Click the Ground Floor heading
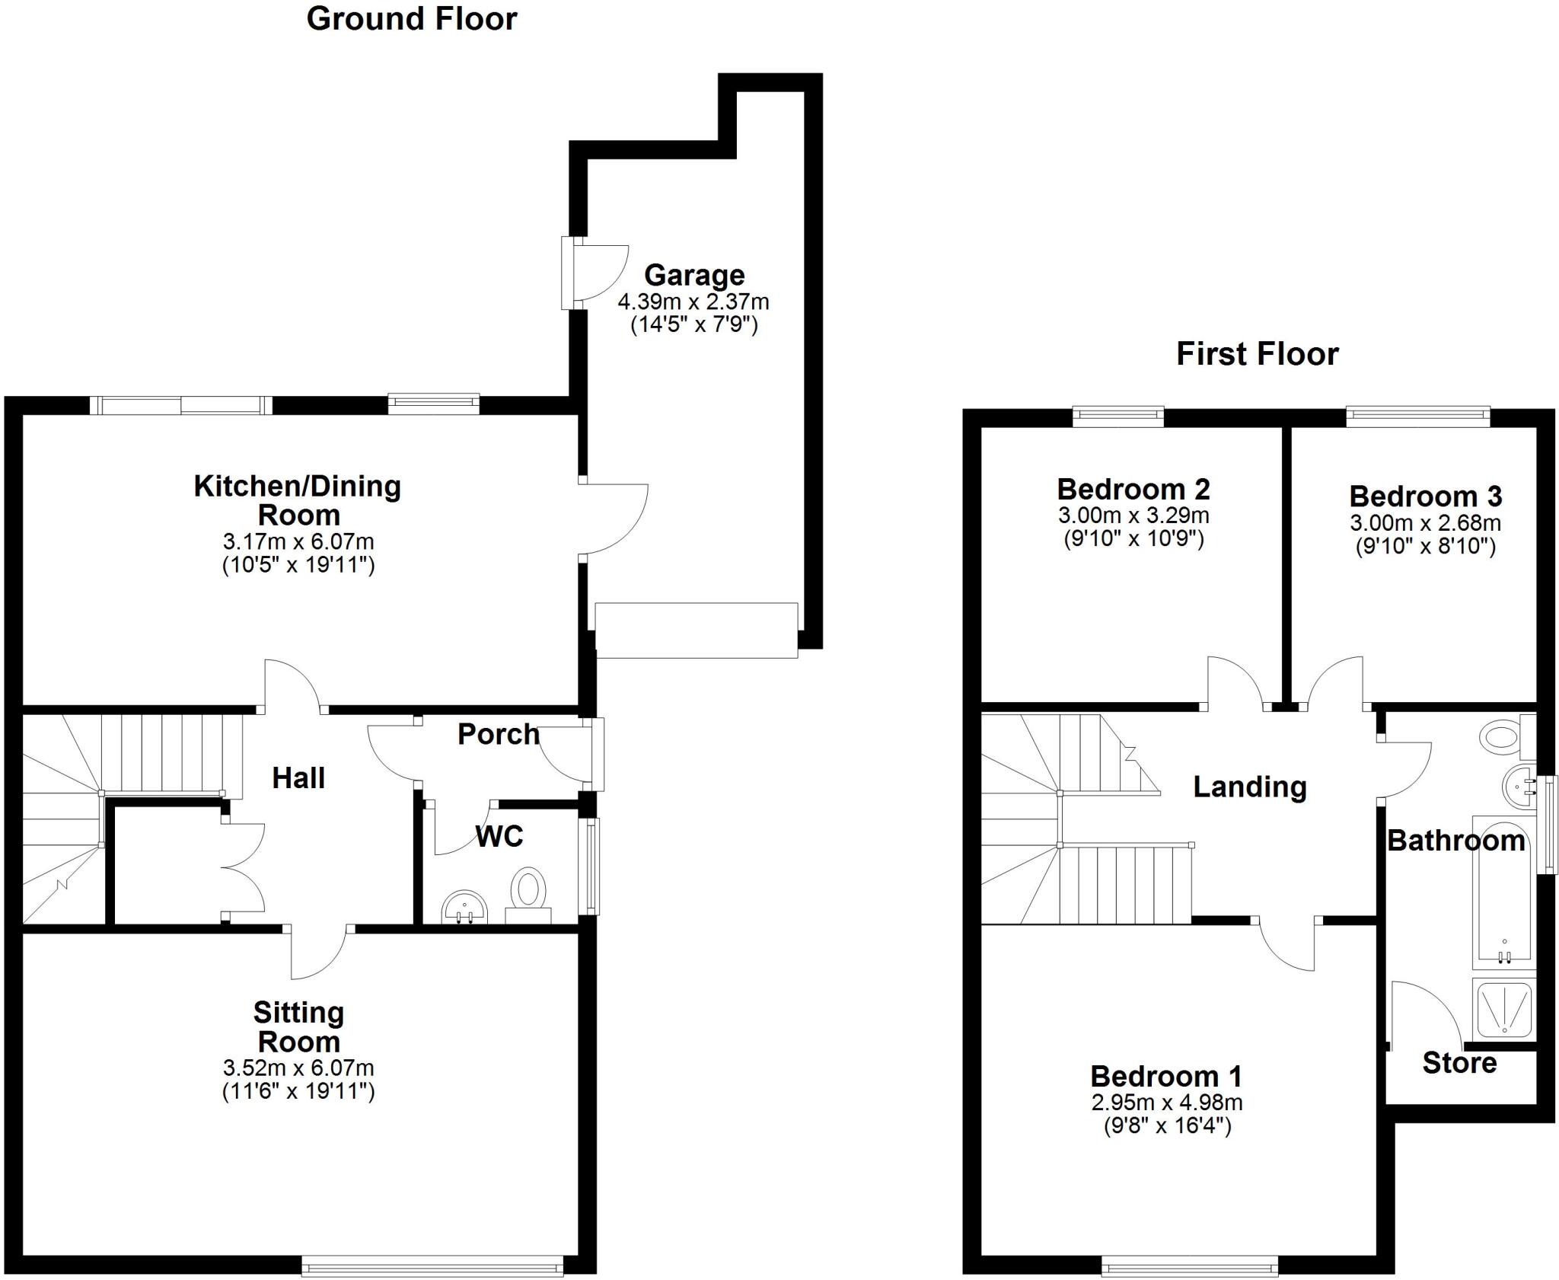(412, 19)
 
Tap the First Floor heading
(1258, 354)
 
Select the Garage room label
(694, 275)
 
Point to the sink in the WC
(464, 906)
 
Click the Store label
(1459, 1063)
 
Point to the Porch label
(499, 734)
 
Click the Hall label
(298, 778)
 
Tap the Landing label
(1249, 787)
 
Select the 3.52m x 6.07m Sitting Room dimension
(298, 1068)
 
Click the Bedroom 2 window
(1118, 416)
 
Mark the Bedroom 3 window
(1417, 416)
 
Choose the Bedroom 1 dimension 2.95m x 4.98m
(1167, 1102)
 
